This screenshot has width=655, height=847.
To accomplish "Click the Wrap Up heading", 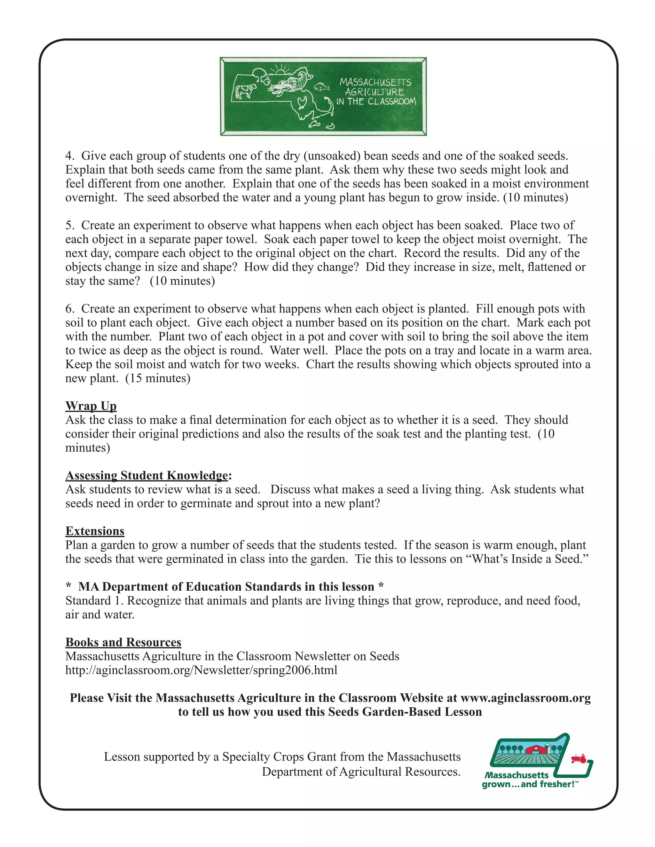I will [x=91, y=406].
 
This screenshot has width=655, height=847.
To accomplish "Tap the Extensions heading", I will [x=95, y=531].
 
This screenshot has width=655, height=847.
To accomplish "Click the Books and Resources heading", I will [x=123, y=642].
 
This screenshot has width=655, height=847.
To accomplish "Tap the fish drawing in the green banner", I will [x=321, y=86].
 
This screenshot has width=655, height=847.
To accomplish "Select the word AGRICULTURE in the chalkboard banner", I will [x=375, y=92].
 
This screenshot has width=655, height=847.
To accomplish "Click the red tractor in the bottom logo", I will [x=579, y=758].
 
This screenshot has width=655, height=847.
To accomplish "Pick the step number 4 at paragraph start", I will [x=69, y=156].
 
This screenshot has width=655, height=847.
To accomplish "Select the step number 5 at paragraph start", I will [x=69, y=225].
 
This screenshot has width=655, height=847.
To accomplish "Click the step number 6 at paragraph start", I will [x=69, y=309].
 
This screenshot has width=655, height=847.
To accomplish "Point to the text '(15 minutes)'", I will [x=158, y=378].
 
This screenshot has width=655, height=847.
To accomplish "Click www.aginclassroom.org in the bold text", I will [x=525, y=698].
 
